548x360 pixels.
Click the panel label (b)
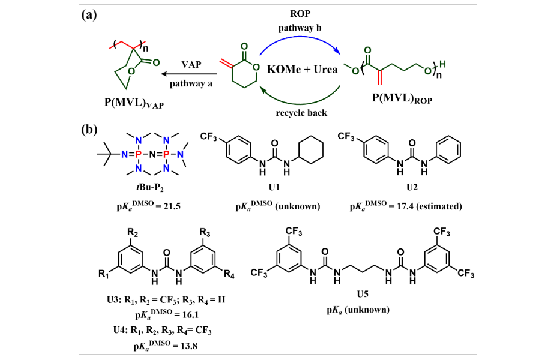pyautogui.click(x=90, y=130)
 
